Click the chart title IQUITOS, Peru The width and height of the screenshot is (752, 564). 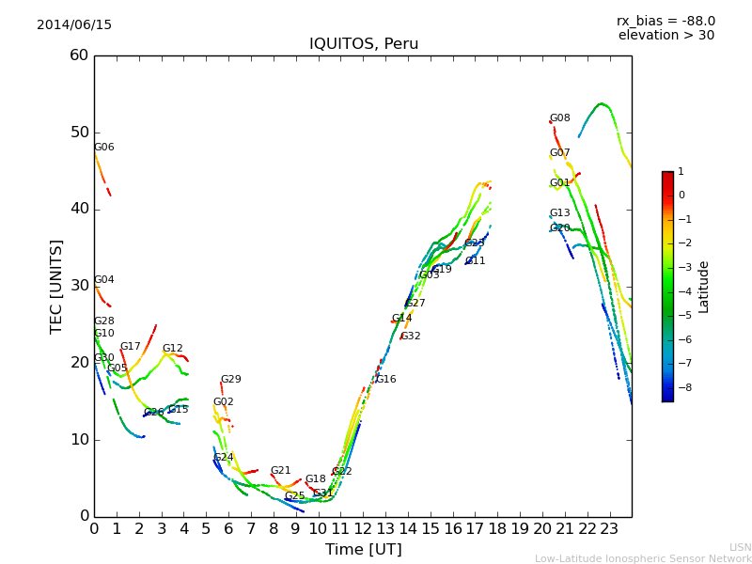364,44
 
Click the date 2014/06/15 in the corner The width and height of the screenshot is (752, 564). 74,25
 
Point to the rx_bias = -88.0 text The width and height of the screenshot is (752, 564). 666,21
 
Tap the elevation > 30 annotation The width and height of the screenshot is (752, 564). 666,36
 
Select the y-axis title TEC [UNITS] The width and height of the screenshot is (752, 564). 56,286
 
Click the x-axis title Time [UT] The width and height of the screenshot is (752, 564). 363,550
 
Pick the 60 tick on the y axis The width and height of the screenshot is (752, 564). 79,55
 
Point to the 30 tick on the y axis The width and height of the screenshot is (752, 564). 79,286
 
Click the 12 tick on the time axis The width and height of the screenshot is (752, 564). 363,529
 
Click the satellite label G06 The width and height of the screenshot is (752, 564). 103,148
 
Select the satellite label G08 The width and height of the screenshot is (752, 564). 559,118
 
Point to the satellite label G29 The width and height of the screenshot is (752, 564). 230,380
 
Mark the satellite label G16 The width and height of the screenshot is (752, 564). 385,380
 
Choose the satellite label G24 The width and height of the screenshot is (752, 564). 224,458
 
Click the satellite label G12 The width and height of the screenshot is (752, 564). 172,349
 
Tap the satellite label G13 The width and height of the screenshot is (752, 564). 559,213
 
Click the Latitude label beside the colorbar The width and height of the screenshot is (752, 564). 704,287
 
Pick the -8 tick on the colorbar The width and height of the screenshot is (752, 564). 681,386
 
